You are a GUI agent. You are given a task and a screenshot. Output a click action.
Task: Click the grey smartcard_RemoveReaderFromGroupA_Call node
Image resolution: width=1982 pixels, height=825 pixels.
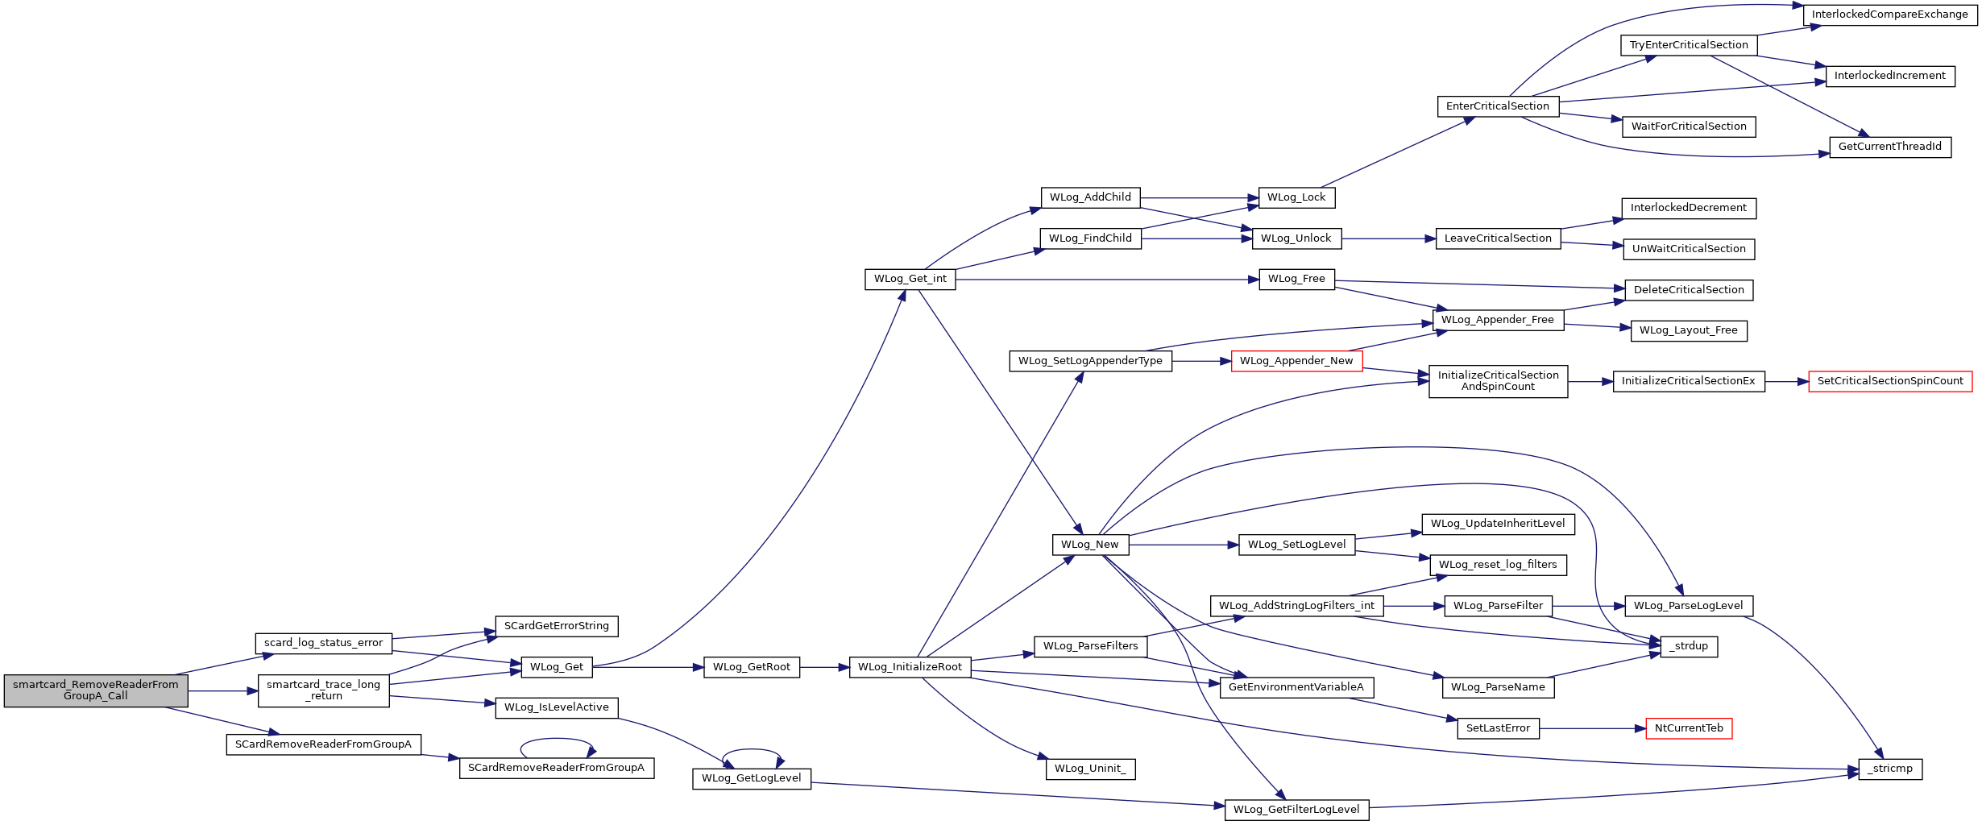click(96, 690)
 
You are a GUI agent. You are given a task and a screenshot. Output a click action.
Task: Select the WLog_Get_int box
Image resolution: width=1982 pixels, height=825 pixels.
click(910, 279)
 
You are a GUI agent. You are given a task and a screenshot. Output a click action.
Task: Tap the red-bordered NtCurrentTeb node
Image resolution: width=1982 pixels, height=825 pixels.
click(1689, 728)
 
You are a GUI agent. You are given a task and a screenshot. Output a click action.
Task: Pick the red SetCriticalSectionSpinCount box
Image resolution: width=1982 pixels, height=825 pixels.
click(1890, 381)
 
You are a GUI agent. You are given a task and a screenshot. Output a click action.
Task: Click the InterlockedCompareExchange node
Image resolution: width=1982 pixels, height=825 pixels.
click(1890, 15)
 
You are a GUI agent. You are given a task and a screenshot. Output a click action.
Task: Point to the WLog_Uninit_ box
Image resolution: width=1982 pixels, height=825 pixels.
click(1090, 769)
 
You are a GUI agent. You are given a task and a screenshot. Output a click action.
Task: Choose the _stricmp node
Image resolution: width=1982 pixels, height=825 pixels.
click(1890, 769)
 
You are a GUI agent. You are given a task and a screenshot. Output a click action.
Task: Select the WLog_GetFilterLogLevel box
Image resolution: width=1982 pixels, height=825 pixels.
click(1296, 810)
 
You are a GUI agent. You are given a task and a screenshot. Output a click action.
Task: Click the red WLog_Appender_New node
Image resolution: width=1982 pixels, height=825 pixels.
click(1296, 361)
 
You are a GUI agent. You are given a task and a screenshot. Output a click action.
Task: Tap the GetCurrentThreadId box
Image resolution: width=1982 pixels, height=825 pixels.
click(1890, 147)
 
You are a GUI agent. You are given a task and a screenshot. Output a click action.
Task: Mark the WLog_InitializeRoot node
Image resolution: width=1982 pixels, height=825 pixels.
click(910, 667)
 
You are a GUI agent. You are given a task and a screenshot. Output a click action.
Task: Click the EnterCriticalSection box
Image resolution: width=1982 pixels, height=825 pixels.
click(1498, 106)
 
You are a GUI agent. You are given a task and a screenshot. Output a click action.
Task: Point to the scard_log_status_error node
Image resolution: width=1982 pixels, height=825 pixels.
click(324, 643)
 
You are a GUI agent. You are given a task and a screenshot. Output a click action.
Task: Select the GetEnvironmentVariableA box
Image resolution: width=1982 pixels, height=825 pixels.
click(1296, 687)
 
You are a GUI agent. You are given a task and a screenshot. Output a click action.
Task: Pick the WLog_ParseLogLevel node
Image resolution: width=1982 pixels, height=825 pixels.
click(1689, 606)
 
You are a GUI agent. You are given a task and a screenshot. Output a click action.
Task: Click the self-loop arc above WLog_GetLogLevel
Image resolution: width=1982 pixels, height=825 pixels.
click(753, 750)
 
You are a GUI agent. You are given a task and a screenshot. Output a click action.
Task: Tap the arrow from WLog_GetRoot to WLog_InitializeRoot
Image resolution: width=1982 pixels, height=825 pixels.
click(824, 667)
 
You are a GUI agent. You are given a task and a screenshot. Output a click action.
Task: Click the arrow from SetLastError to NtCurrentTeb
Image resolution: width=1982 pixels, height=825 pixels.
click(1592, 728)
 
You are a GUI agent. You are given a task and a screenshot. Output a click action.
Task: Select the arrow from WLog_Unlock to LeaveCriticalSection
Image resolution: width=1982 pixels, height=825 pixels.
click(1389, 238)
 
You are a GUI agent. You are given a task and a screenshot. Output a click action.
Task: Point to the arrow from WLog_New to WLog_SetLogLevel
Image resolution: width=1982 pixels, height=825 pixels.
click(1184, 545)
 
